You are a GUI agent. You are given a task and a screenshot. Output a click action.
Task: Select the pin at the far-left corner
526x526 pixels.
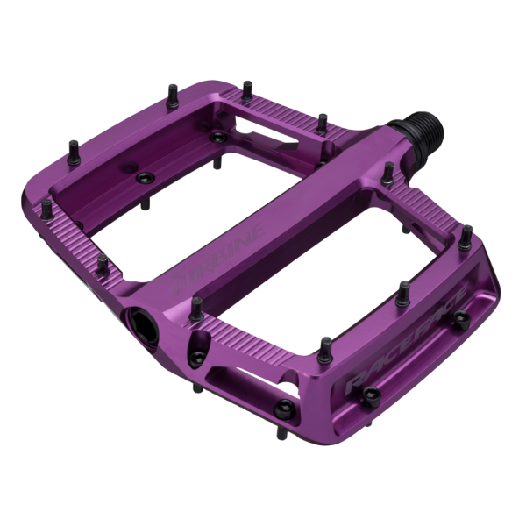[46, 207]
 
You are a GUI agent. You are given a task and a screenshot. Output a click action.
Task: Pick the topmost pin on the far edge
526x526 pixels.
[247, 88]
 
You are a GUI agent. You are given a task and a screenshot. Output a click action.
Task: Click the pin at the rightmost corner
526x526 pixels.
[466, 234]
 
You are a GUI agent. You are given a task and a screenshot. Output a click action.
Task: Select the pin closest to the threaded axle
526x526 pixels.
[387, 169]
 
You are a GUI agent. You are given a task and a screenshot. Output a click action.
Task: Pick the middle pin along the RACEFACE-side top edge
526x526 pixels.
[402, 288]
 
